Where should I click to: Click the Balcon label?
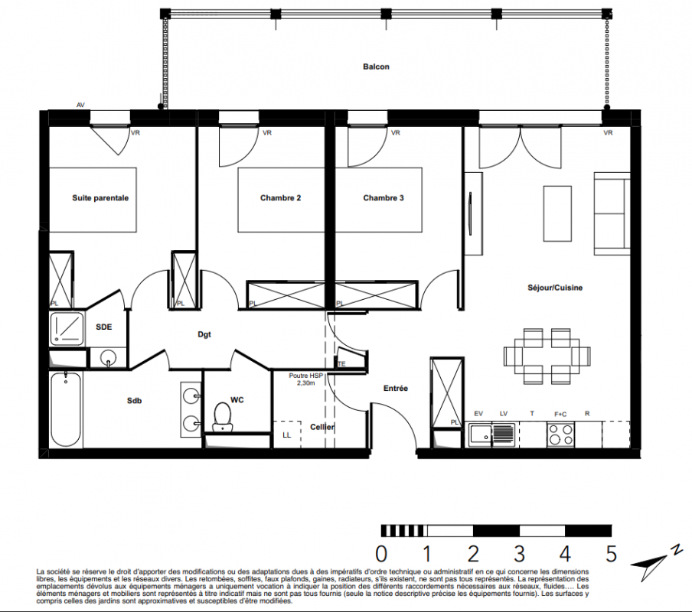tap(376, 67)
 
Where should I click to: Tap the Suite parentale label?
tap(100, 198)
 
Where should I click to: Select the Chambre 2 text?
tap(281, 198)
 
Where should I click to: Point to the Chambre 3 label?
tap(384, 198)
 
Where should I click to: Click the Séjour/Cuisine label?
tap(555, 288)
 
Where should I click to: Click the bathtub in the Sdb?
tap(66, 409)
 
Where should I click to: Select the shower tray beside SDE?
tap(67, 329)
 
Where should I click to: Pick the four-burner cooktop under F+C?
tap(560, 435)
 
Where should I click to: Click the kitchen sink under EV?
tap(491, 435)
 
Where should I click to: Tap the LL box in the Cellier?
tap(287, 435)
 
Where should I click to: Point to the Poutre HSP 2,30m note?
tap(306, 379)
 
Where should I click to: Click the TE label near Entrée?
tap(341, 364)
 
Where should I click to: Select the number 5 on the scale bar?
tap(611, 553)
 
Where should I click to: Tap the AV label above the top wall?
tap(81, 105)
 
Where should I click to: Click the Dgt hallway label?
tap(204, 334)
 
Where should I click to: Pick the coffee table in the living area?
tap(557, 213)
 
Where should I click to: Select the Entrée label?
tap(396, 389)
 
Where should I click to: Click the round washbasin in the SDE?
tap(108, 356)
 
